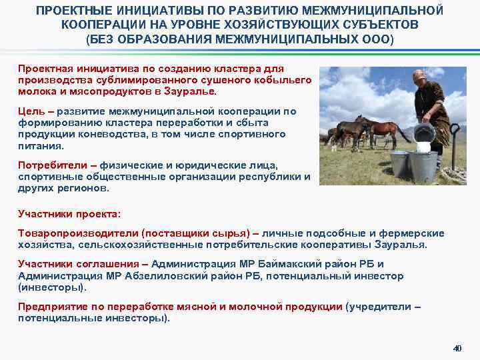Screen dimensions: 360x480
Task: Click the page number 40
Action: point(457,348)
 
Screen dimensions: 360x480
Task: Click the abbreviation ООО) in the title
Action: point(379,39)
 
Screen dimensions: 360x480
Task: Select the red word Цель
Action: point(29,111)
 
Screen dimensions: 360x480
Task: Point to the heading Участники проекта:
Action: point(69,215)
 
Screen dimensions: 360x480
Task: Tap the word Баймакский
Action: point(301,264)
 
